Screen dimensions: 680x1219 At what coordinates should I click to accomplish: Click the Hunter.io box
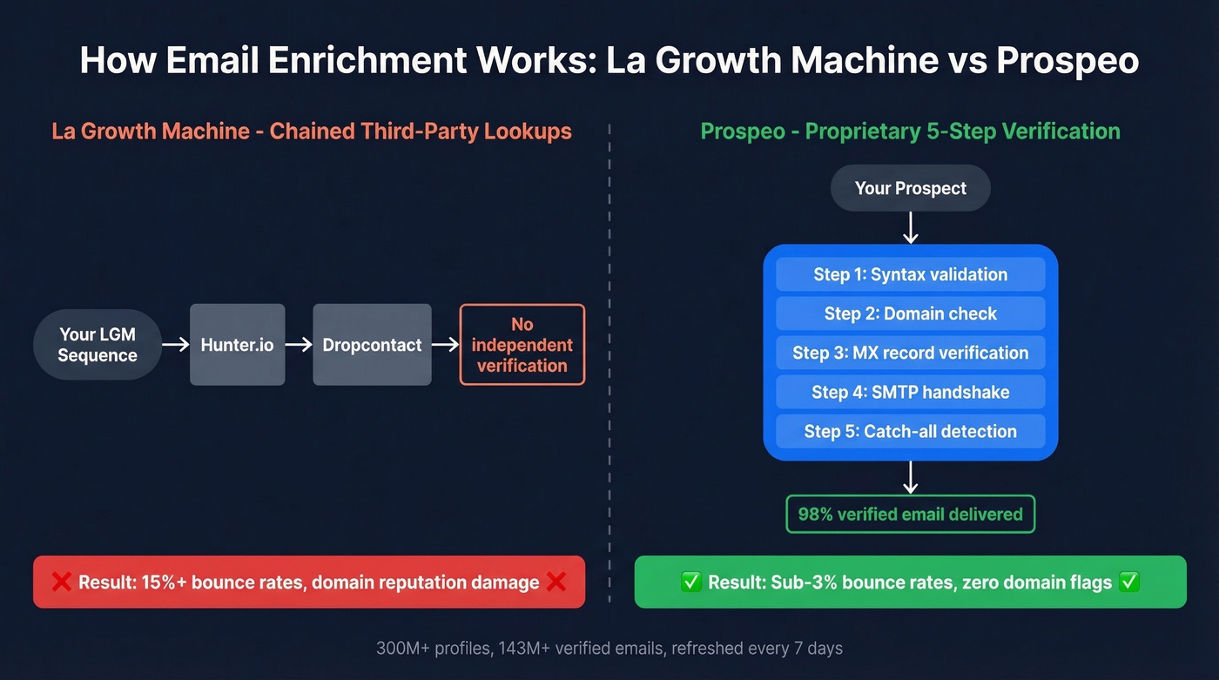click(x=237, y=345)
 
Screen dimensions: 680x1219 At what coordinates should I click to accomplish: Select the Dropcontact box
click(x=372, y=345)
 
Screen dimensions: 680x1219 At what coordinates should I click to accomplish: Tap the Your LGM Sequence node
click(x=98, y=345)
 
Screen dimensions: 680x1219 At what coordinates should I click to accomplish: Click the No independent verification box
click(x=522, y=345)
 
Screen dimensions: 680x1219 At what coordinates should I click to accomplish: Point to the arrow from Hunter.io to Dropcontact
click(x=299, y=345)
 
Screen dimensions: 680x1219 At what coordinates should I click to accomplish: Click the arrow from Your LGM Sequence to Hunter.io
click(x=176, y=345)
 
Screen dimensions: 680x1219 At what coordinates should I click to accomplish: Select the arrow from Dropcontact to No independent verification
click(x=445, y=345)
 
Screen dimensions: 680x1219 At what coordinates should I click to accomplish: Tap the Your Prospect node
click(x=910, y=188)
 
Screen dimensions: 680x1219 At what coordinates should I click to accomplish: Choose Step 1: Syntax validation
click(x=910, y=274)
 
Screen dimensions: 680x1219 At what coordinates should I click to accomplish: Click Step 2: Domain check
click(x=910, y=313)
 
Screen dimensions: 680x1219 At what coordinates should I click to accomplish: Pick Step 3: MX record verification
click(x=910, y=353)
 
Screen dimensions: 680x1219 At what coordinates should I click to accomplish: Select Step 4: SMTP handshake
click(x=910, y=392)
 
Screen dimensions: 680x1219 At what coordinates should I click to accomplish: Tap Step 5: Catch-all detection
click(x=910, y=431)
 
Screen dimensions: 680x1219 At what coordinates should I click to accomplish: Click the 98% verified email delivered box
click(x=910, y=514)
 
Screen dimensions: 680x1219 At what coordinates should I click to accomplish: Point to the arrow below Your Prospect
click(x=911, y=227)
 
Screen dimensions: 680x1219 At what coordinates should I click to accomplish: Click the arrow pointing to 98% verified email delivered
click(x=911, y=477)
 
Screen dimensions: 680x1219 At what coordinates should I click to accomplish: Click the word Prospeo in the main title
click(x=1067, y=61)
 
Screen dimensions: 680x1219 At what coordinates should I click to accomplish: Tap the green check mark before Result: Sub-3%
click(x=691, y=582)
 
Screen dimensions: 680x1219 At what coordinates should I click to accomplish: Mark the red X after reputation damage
click(x=556, y=582)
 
